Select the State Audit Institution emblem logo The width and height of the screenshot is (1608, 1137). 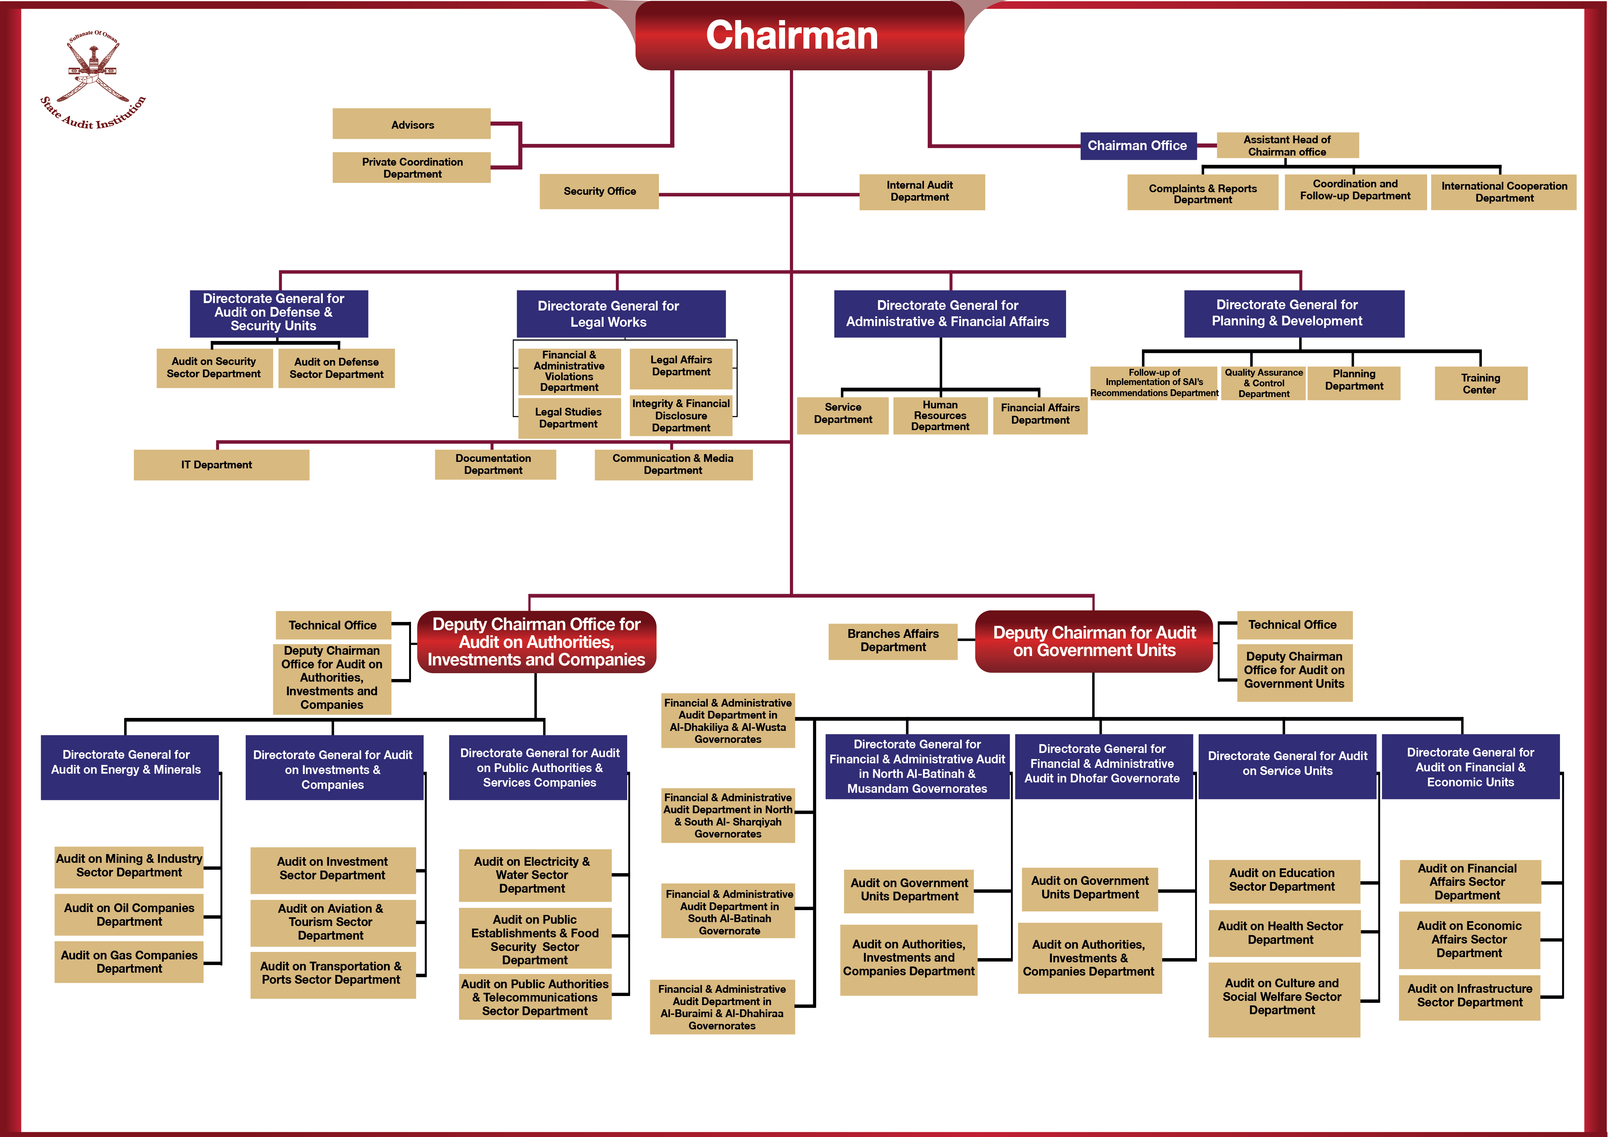tap(93, 78)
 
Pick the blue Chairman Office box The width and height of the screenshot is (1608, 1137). tap(1137, 146)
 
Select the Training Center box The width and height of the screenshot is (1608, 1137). tap(1480, 384)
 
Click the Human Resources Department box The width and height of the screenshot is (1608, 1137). tap(940, 416)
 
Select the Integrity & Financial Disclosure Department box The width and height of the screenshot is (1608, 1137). tap(681, 416)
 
